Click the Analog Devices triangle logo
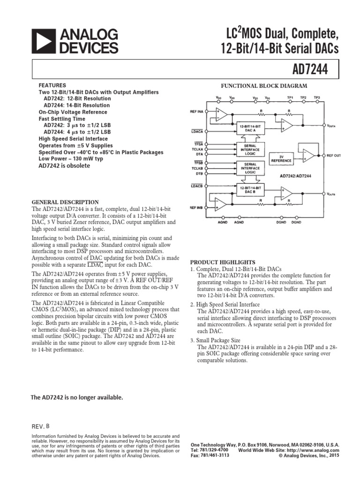tap(43, 41)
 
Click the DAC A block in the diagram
tap(250, 128)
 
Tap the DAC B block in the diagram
tap(250, 189)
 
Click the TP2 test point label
tap(303, 97)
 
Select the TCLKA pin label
tap(197, 149)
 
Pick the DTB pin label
tap(197, 173)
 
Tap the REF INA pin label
tap(197, 112)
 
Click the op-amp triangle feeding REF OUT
tap(308, 155)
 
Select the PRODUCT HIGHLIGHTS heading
tap(223, 262)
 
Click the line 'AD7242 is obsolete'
tap(64, 166)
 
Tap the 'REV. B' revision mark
tap(40, 426)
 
